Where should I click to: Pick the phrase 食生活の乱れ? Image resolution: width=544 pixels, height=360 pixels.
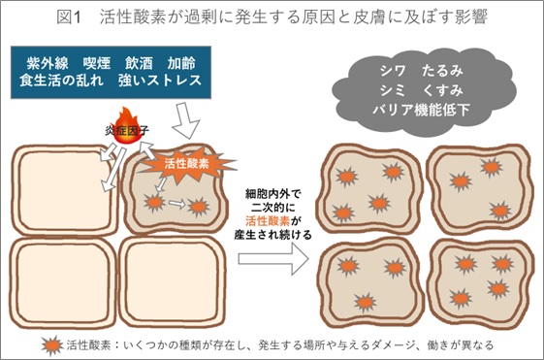click(66, 82)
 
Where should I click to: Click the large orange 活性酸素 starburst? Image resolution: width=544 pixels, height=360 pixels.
click(184, 165)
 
